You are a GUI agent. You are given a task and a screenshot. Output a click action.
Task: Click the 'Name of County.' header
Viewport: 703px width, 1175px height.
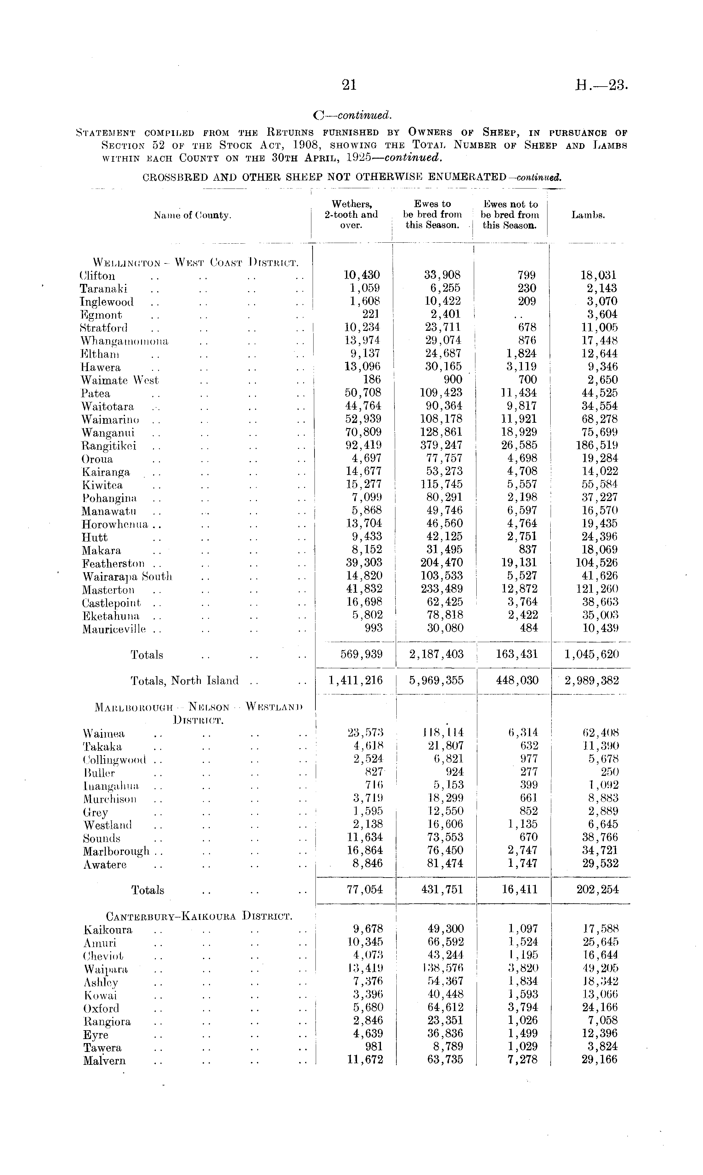pyautogui.click(x=192, y=216)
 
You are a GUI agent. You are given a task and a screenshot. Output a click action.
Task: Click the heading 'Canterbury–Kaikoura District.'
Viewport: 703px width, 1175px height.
pyautogui.click(x=199, y=916)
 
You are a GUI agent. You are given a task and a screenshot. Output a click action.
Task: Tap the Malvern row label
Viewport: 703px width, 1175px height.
pyautogui.click(x=105, y=1061)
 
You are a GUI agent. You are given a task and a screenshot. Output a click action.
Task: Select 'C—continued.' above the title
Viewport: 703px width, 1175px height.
pyautogui.click(x=353, y=115)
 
